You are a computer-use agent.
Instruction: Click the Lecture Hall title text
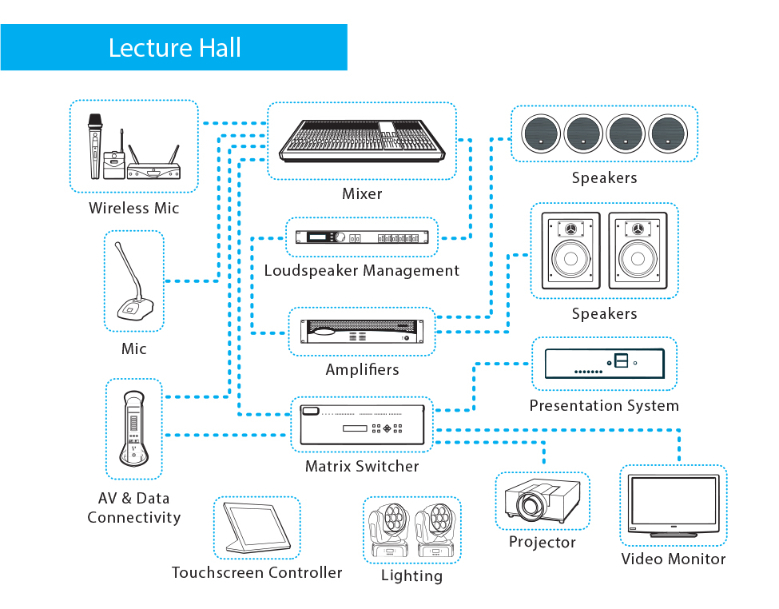pyautogui.click(x=174, y=48)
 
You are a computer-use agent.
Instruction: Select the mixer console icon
pyautogui.click(x=362, y=141)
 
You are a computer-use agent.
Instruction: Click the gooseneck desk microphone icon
pyautogui.click(x=130, y=285)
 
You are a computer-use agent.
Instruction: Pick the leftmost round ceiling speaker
pyautogui.click(x=541, y=133)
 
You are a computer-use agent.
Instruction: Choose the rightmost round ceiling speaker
pyautogui.click(x=668, y=133)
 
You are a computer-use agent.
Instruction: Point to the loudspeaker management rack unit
pyautogui.click(x=362, y=237)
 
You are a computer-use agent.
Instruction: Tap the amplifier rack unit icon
pyautogui.click(x=362, y=332)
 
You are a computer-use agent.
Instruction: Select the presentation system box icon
pyautogui.click(x=604, y=364)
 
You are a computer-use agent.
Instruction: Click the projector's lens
pyautogui.click(x=527, y=506)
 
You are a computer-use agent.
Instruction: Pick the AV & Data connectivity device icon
pyautogui.click(x=133, y=429)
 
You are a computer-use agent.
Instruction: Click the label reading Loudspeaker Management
pyautogui.click(x=362, y=271)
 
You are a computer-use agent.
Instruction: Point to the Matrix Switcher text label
pyautogui.click(x=362, y=466)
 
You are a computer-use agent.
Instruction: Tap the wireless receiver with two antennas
pyautogui.click(x=153, y=165)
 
